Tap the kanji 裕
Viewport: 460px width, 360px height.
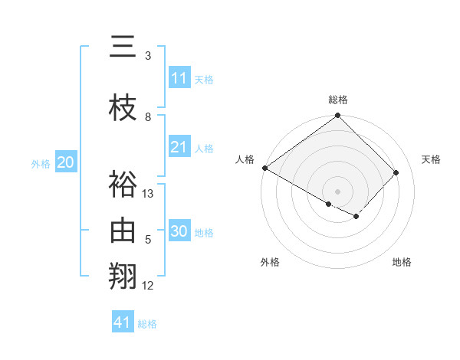click(123, 185)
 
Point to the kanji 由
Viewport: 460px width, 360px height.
click(123, 231)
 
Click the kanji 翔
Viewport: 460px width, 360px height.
click(123, 277)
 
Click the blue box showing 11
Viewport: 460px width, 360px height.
click(179, 78)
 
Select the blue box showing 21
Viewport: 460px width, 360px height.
click(179, 147)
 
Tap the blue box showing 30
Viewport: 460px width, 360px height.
click(179, 231)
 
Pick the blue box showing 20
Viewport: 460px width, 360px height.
click(65, 162)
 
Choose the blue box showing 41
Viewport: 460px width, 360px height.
click(123, 322)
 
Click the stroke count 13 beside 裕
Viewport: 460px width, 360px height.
click(148, 194)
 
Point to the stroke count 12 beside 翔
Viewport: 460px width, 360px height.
click(148, 286)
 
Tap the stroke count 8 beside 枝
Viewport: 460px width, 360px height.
click(148, 117)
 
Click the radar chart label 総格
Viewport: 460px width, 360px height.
click(338, 100)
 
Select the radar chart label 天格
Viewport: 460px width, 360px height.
click(431, 159)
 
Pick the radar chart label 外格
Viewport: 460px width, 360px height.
click(270, 262)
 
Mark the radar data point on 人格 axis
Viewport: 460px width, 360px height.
click(264, 168)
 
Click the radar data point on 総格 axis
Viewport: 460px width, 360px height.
click(338, 116)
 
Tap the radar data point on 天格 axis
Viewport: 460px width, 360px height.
click(396, 172)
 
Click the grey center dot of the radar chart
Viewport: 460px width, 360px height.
click(338, 191)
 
